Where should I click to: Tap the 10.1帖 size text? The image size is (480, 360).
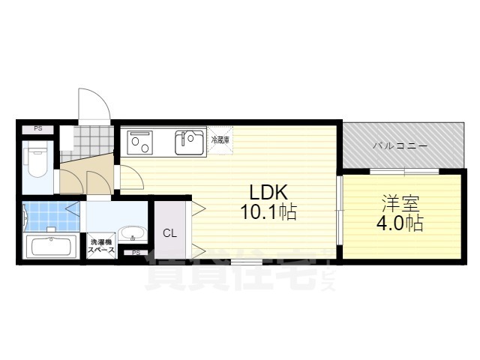(268, 212)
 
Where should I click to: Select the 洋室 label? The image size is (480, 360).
(396, 203)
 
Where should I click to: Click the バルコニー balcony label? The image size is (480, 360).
(400, 145)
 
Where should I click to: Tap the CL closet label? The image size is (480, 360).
(170, 233)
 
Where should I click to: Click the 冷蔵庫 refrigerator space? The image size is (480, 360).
(220, 140)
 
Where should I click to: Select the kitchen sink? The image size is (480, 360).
(190, 142)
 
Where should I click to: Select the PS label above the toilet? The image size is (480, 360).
(37, 130)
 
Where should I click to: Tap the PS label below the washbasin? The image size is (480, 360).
(136, 253)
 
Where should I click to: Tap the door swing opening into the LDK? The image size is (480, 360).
(131, 178)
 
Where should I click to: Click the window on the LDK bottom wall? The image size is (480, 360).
(241, 261)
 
